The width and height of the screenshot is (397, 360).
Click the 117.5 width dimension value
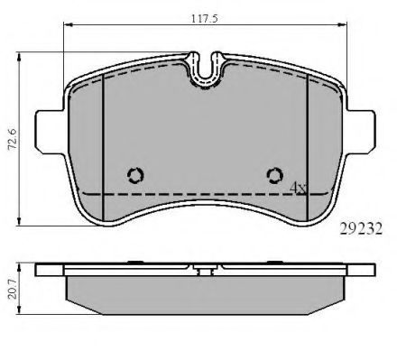pos(205,19)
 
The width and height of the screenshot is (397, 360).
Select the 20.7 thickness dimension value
pos(13,290)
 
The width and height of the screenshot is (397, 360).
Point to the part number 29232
pos(361,229)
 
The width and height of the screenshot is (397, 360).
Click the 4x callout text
pos(298,188)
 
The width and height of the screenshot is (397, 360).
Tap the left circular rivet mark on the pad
pos(135,175)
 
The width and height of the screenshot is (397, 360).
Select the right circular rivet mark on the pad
pos(275,175)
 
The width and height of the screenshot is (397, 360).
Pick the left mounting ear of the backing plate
pos(50,132)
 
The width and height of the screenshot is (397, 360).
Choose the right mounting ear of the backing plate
pos(361,132)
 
